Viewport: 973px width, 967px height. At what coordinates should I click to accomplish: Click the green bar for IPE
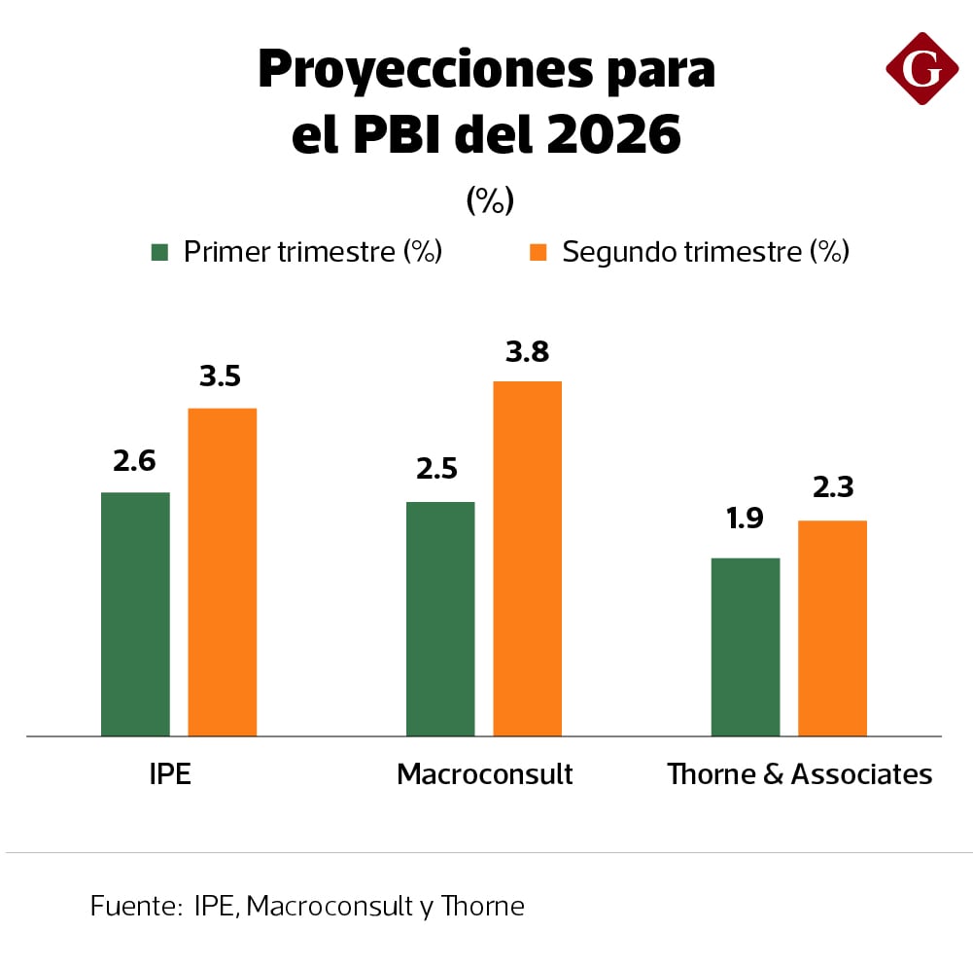[x=135, y=613]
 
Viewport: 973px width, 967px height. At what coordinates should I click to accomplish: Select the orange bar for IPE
[x=222, y=571]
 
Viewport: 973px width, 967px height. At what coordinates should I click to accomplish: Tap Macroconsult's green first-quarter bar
[x=440, y=618]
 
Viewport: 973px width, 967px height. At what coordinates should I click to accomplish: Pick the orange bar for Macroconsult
[x=527, y=557]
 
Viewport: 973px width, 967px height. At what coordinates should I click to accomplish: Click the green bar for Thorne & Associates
[x=746, y=646]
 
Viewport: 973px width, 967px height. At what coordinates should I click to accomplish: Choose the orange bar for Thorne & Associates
[x=832, y=627]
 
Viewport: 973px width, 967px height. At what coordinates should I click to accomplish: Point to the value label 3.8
[x=527, y=351]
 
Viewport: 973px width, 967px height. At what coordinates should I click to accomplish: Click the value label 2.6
[x=134, y=461]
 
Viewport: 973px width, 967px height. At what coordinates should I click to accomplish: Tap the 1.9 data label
[x=745, y=519]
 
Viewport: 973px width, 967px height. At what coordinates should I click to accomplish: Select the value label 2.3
[x=832, y=486]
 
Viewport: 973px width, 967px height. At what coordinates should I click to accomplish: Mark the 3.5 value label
[x=221, y=376]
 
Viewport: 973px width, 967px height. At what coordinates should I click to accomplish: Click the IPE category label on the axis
[x=170, y=774]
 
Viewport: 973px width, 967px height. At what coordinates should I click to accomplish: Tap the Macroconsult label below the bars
[x=485, y=774]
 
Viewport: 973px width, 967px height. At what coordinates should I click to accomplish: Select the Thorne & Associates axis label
[x=799, y=774]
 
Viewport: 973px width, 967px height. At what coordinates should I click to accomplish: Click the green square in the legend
[x=160, y=253]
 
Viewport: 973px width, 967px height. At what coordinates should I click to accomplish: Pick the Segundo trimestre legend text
[x=706, y=252]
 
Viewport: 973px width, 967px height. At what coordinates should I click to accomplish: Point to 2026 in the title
[x=613, y=135]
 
